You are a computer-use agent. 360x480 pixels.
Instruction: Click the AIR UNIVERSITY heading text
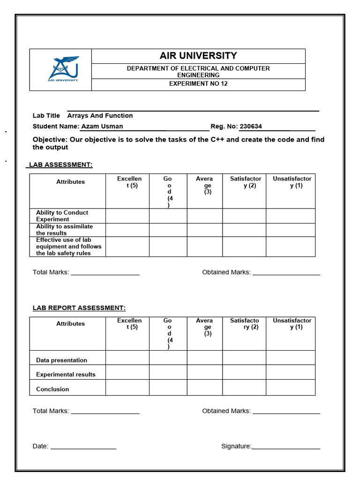click(198, 56)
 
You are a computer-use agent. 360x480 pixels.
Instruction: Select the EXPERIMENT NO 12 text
click(198, 84)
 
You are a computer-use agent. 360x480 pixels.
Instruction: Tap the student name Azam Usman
click(102, 126)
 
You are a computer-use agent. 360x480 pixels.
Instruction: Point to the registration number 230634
click(251, 126)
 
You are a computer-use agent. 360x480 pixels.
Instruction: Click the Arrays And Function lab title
click(100, 115)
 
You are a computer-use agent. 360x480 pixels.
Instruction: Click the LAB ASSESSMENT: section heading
click(61, 165)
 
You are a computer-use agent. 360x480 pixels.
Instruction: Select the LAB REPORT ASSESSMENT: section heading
click(79, 308)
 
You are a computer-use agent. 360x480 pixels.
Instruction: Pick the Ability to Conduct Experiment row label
click(62, 216)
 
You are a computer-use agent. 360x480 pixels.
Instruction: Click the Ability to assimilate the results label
click(64, 230)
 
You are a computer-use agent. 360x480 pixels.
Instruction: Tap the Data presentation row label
click(61, 360)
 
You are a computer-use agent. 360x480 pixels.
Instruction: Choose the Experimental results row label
click(66, 374)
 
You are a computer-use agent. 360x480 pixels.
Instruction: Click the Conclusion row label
click(52, 389)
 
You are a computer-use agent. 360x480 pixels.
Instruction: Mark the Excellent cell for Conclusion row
click(127, 388)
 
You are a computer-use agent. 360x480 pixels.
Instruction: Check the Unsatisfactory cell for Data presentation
click(291, 358)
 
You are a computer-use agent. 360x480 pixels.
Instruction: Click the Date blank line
click(83, 447)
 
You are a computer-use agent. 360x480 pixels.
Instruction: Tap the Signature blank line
click(286, 447)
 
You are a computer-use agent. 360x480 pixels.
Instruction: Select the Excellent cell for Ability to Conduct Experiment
click(127, 216)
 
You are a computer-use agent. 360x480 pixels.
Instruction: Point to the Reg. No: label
click(224, 126)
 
